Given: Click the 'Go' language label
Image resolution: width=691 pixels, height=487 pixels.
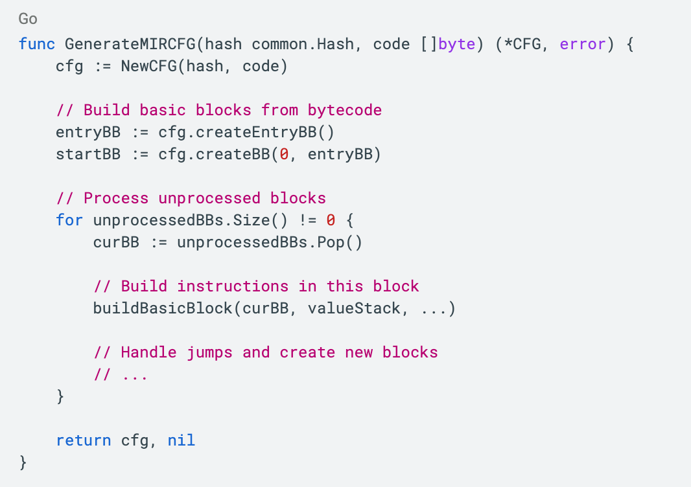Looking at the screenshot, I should [28, 18].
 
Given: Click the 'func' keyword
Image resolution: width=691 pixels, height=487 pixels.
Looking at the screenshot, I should [37, 44].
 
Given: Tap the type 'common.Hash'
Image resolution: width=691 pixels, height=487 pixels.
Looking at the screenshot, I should [302, 44].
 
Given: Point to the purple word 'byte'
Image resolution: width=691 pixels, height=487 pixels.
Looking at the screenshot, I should [456, 44].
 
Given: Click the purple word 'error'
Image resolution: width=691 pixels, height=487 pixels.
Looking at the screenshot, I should [582, 44].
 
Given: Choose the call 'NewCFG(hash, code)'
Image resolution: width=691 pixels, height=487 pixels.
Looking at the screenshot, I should [204, 66].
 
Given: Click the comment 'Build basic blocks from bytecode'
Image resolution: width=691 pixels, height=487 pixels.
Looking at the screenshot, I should [232, 110].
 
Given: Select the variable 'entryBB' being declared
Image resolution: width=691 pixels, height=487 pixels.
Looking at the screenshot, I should [88, 132].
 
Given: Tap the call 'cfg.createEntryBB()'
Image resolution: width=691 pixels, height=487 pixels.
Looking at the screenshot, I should [246, 132].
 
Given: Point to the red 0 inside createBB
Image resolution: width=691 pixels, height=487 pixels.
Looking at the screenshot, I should [283, 154].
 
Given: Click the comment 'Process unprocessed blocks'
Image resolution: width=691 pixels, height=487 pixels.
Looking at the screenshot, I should [204, 198].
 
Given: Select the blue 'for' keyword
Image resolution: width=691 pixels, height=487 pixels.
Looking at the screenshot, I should [69, 220].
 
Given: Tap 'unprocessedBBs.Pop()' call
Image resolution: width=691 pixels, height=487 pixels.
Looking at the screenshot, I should [269, 242].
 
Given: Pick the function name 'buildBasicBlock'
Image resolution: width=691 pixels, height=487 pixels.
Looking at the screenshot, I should [162, 308].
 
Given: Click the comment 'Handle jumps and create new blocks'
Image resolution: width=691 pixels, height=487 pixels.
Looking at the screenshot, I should [279, 352].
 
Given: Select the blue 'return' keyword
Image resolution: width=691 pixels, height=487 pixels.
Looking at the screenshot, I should [84, 440].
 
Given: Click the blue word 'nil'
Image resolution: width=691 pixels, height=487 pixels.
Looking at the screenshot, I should [181, 440].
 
